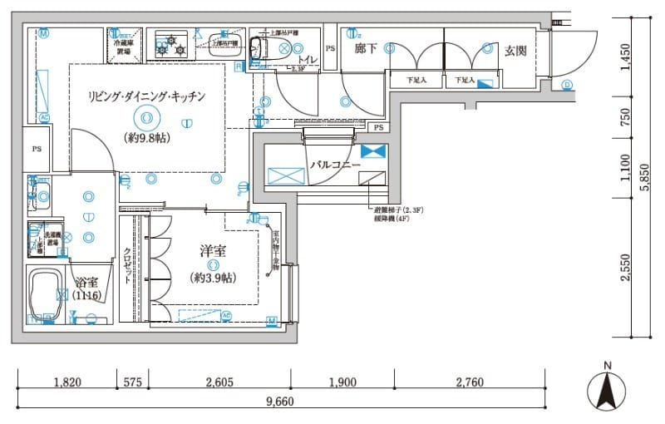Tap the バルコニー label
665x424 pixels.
pyautogui.click(x=335, y=165)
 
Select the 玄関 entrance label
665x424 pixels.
pyautogui.click(x=515, y=51)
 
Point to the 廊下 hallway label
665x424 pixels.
pyautogui.click(x=366, y=49)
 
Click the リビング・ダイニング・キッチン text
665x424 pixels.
pyautogui.click(x=146, y=96)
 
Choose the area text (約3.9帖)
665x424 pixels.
pyautogui.click(x=214, y=278)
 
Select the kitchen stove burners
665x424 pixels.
pyautogui.click(x=173, y=45)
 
